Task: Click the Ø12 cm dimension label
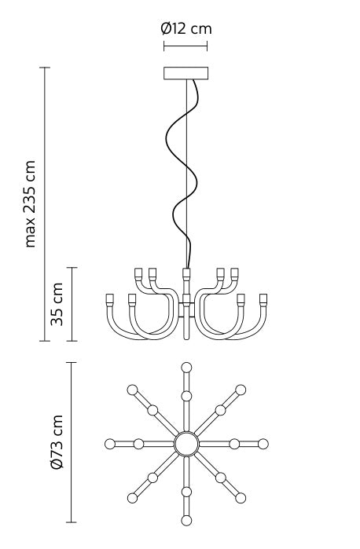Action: [x=186, y=29]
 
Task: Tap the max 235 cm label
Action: [x=31, y=204]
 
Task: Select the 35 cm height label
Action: [x=56, y=305]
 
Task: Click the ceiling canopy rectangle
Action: [x=186, y=73]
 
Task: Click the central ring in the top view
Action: [x=186, y=444]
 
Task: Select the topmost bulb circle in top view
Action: [x=186, y=367]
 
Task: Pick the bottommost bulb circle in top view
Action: [x=186, y=520]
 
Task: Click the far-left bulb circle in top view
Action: [x=109, y=444]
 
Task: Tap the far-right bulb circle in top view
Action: [x=263, y=444]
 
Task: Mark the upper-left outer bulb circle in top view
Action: [x=132, y=389]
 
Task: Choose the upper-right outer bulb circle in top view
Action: [x=241, y=389]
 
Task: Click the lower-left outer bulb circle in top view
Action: [x=132, y=498]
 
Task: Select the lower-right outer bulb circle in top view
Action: [x=241, y=498]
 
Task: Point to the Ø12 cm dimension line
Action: [x=186, y=46]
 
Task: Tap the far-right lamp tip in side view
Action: [x=264, y=299]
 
